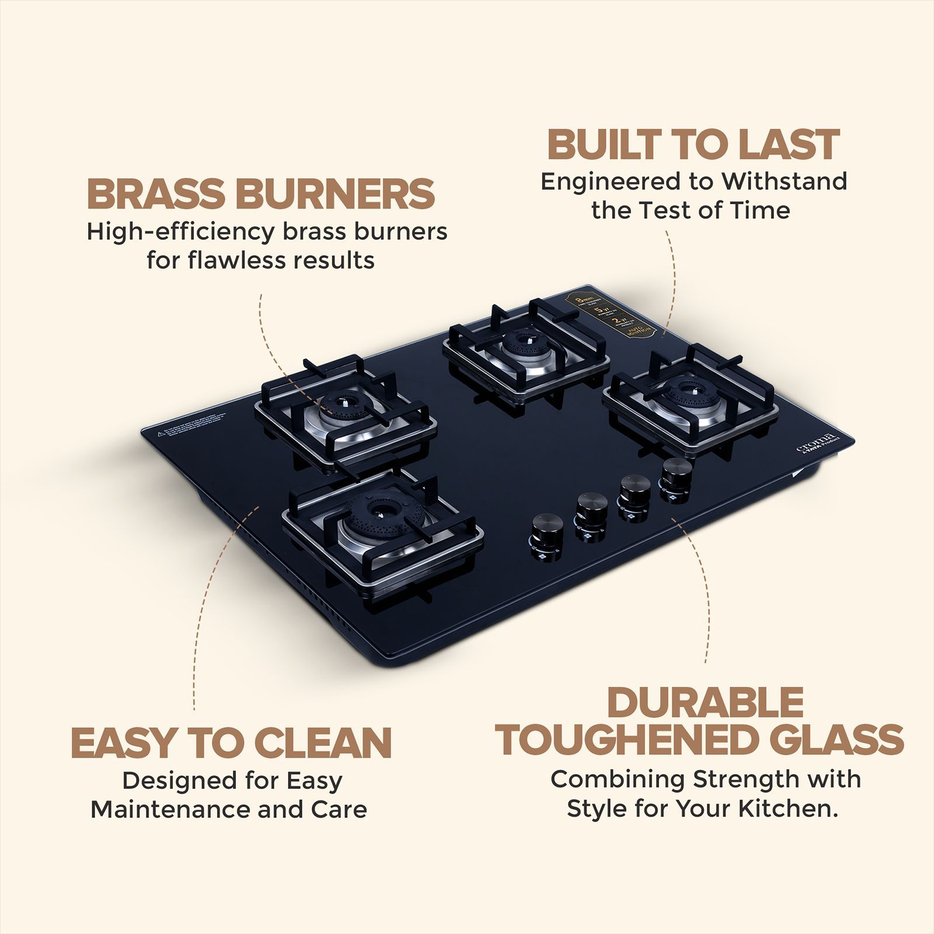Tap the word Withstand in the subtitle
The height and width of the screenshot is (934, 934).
coord(784,182)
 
